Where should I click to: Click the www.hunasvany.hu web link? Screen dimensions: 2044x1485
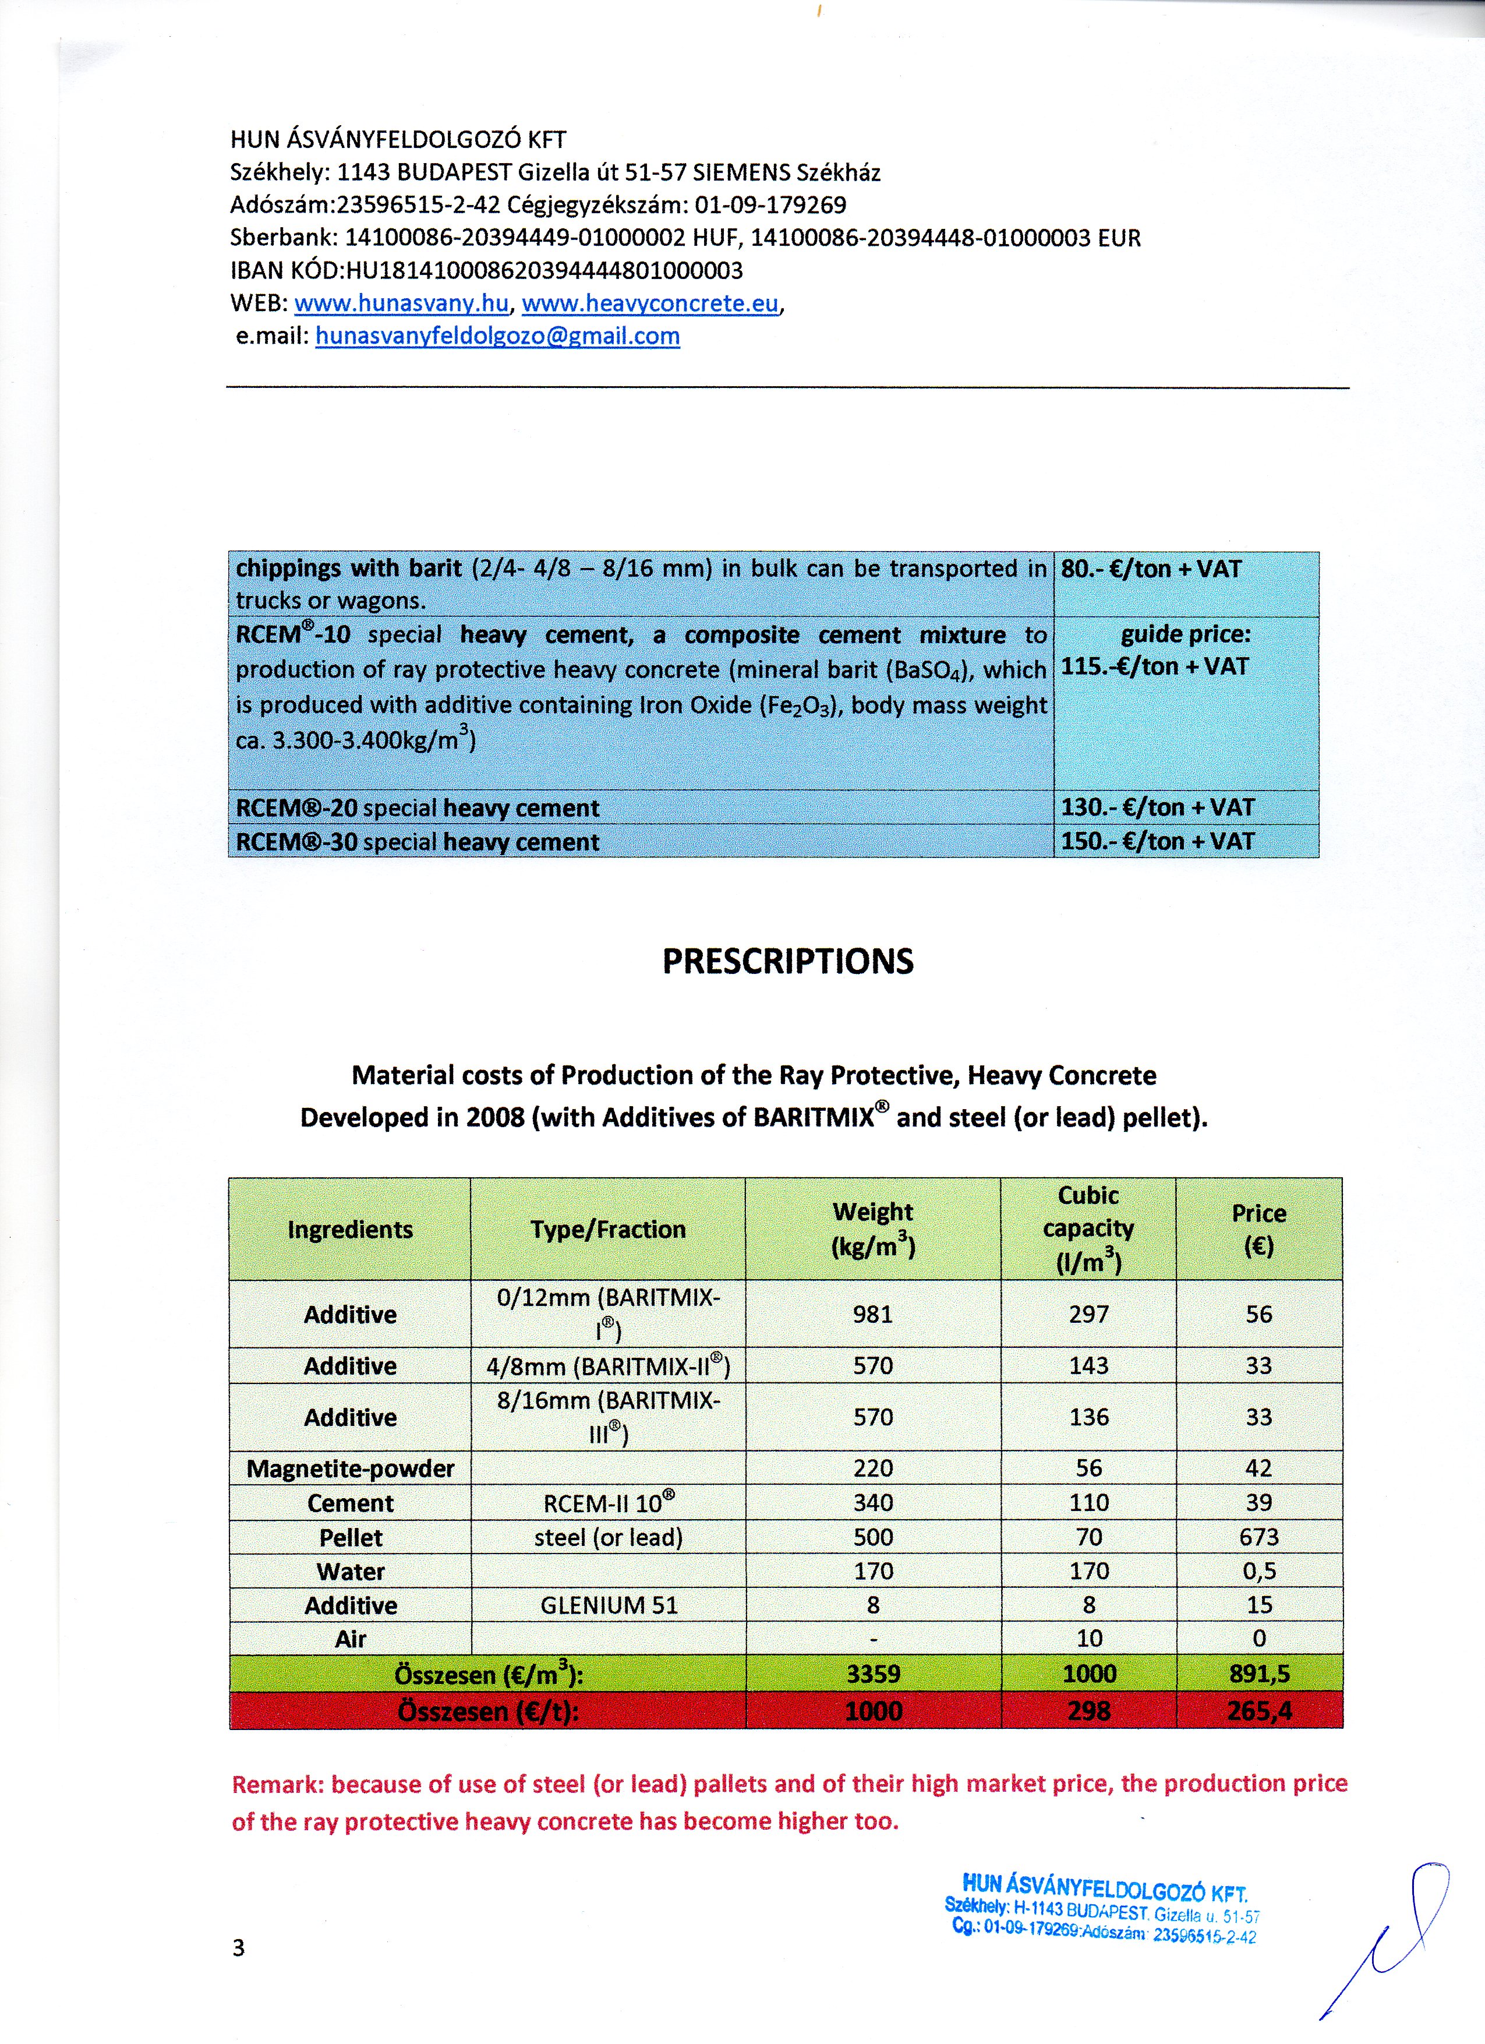402,303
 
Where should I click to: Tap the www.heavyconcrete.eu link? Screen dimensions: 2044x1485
650,303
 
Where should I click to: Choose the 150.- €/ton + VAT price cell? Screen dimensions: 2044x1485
1157,841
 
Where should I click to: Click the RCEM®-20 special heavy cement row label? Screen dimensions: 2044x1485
417,807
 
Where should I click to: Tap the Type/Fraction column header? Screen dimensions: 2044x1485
608,1229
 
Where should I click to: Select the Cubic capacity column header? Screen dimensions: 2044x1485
1088,1229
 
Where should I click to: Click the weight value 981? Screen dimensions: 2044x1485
872,1314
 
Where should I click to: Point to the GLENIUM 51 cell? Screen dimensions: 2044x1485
608,1605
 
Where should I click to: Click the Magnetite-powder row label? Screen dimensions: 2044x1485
351,1469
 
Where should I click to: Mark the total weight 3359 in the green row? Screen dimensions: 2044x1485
872,1674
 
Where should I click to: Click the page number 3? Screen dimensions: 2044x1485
239,1947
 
